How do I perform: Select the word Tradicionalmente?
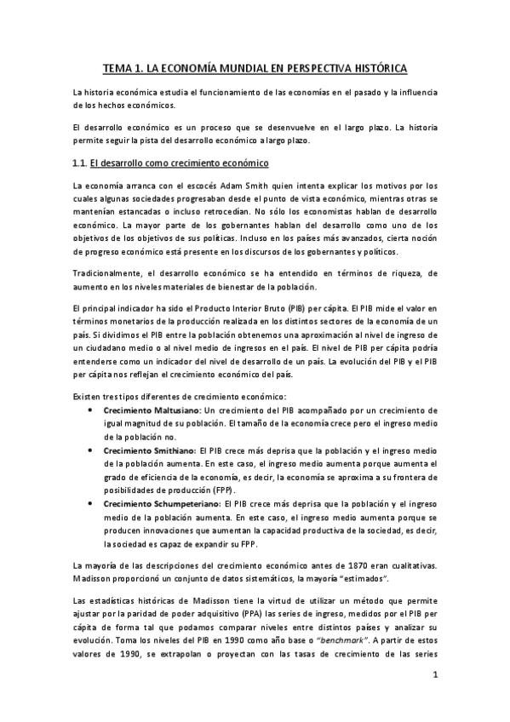[x=112, y=270]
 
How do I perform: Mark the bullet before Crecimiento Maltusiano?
[x=91, y=410]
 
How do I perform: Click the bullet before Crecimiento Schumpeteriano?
[x=91, y=503]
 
